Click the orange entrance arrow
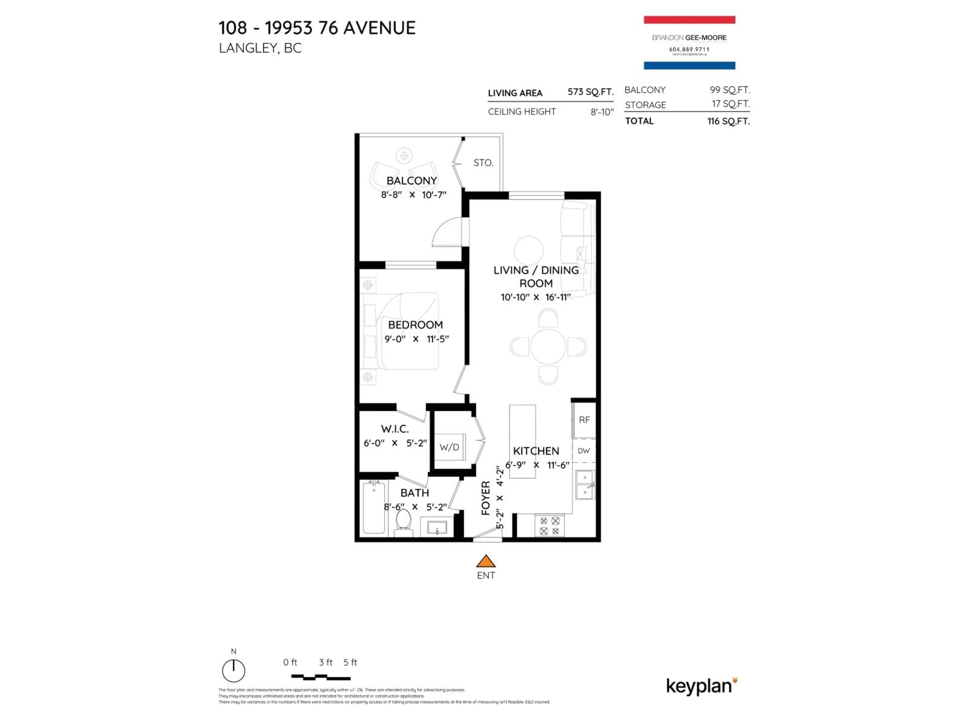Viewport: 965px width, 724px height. click(x=486, y=561)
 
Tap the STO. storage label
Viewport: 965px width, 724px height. click(x=483, y=163)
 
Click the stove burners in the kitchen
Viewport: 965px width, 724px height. click(x=550, y=525)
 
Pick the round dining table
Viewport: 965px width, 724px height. click(x=548, y=346)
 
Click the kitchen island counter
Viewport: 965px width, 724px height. click(x=522, y=441)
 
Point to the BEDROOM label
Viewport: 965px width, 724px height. click(x=415, y=325)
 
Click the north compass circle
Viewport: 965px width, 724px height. click(x=233, y=671)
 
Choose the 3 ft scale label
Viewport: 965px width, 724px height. click(x=325, y=662)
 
